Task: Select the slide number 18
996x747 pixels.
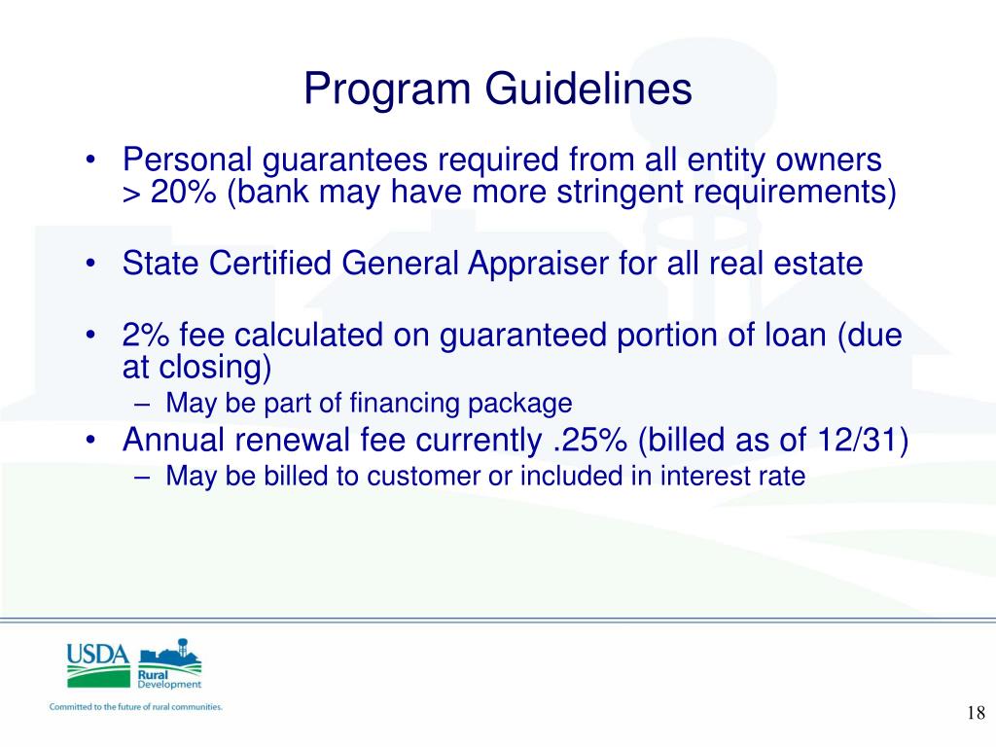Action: [977, 714]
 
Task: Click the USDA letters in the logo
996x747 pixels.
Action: [97, 654]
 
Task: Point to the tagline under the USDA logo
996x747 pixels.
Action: [136, 707]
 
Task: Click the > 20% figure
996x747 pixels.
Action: [170, 192]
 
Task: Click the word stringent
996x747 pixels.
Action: [621, 192]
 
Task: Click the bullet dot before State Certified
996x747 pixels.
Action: [90, 263]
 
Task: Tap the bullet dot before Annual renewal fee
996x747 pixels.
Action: [90, 441]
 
